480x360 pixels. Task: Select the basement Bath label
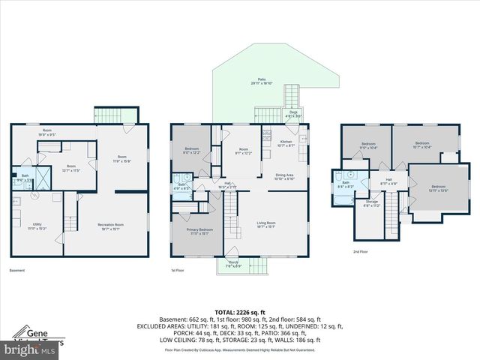tap(25, 178)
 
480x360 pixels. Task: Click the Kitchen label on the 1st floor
tap(286, 142)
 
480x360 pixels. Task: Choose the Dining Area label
tap(286, 178)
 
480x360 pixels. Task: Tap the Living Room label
tap(266, 224)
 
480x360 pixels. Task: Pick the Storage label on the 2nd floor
tap(372, 203)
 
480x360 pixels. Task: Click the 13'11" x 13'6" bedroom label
tap(437, 188)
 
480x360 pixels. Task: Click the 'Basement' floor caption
tap(18, 270)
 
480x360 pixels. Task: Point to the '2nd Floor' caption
tap(360, 252)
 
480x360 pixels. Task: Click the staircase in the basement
tap(69, 221)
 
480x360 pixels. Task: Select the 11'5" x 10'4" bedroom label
tap(368, 145)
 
